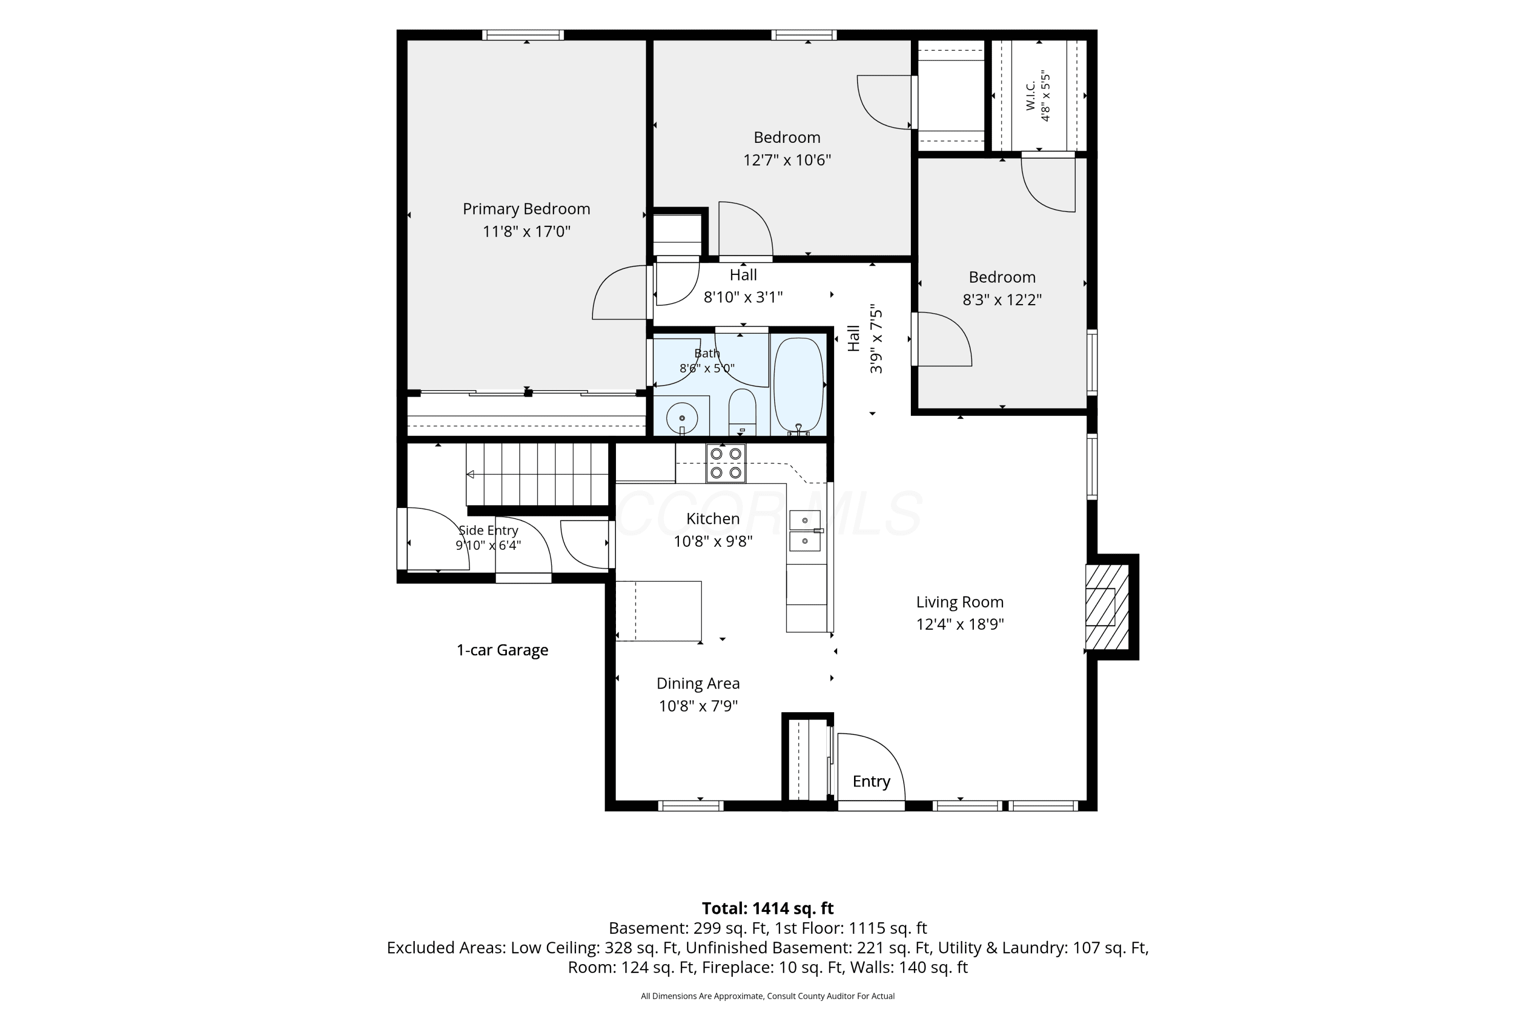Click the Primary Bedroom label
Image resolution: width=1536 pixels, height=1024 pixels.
point(526,209)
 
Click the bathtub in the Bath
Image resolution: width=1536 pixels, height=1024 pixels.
point(798,386)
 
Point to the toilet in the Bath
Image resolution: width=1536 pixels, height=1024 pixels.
point(742,412)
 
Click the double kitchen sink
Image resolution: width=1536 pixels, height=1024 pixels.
point(805,531)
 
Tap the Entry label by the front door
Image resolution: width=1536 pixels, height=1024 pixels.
point(871,782)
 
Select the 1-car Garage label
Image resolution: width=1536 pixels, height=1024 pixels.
point(502,650)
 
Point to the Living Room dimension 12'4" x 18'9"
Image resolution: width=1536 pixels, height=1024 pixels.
point(959,624)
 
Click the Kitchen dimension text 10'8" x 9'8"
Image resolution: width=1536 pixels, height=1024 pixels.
point(713,541)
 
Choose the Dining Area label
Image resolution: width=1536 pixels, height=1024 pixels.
point(698,683)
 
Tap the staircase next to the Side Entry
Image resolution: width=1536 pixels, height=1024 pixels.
point(538,475)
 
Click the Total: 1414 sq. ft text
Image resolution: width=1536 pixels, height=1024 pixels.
point(767,908)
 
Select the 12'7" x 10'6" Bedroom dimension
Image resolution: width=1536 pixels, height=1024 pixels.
point(787,160)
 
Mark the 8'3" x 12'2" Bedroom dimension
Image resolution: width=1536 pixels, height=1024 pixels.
point(1002,300)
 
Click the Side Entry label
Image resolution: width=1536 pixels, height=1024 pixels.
point(488,530)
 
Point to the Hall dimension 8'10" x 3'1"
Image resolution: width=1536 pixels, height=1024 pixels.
point(743,297)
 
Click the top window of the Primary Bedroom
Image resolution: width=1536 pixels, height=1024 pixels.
point(523,35)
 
